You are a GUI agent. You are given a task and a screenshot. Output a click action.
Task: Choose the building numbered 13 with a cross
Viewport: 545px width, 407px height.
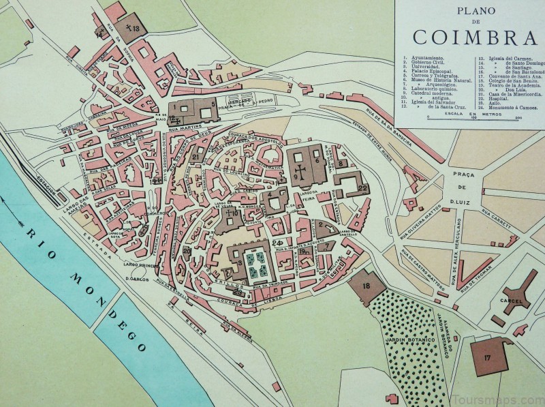tap(131, 28)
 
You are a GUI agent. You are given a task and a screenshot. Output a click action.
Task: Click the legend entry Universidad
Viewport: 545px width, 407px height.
tap(421, 70)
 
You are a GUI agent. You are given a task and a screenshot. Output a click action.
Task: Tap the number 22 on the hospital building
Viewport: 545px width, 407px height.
tap(362, 187)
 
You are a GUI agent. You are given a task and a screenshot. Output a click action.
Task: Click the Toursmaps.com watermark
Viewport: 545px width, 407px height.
tap(501, 400)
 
